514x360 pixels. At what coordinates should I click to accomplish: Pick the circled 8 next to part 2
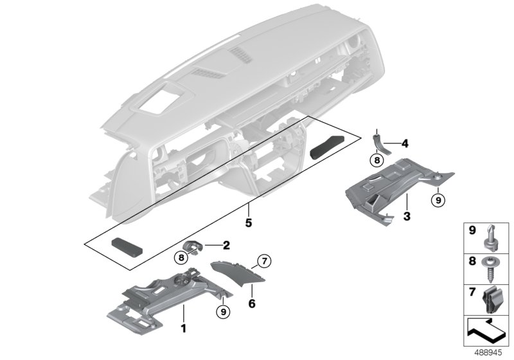point(181,258)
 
